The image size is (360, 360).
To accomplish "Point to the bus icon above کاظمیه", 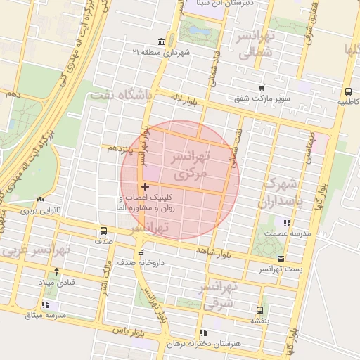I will click(x=349, y=91).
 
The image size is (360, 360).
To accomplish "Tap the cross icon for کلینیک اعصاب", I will click(x=145, y=186).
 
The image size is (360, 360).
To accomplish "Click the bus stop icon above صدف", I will click(x=104, y=231).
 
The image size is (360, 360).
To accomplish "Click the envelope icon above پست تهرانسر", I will click(x=281, y=258).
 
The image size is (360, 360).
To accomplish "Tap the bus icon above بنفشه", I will click(x=260, y=309).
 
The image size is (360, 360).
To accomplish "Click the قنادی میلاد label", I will click(x=56, y=282).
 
